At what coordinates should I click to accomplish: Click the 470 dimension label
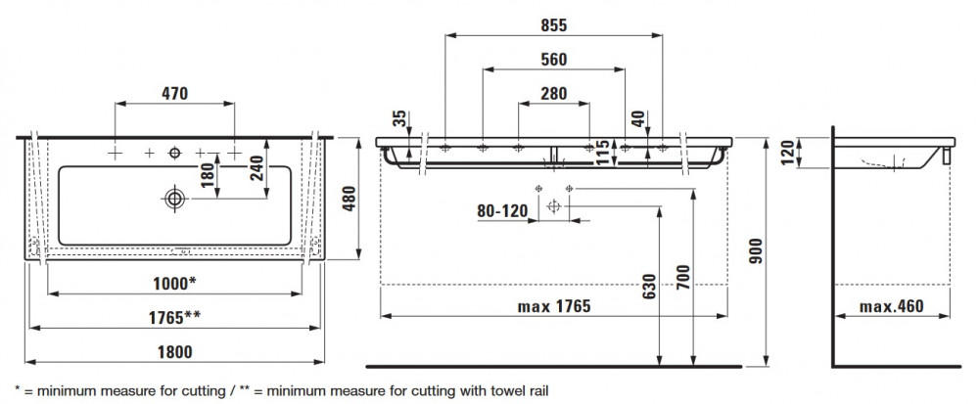[175, 94]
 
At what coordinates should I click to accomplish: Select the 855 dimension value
[554, 25]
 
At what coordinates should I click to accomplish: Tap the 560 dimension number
[554, 60]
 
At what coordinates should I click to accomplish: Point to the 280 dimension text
[554, 94]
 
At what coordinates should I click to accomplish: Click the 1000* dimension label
[175, 284]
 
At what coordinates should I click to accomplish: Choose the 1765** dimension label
[175, 317]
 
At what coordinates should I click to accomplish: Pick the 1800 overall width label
[175, 352]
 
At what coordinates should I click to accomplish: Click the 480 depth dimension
[350, 199]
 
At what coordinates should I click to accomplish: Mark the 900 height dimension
[756, 251]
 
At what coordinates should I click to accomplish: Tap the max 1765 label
[554, 307]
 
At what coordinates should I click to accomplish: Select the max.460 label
[892, 307]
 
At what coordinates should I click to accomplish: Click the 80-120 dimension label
[502, 211]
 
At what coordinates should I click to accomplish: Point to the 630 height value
[649, 287]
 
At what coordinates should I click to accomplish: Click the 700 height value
[683, 278]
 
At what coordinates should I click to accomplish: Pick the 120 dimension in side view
[787, 153]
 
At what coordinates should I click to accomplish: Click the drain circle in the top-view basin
[175, 199]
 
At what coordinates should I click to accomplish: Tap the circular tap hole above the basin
[175, 153]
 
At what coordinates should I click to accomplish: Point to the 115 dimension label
[602, 153]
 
